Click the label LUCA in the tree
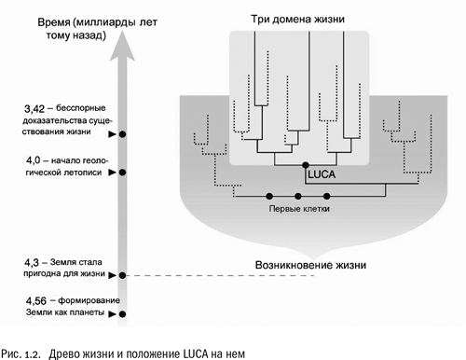(320, 173)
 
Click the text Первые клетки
(298, 210)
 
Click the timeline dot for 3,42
(122, 135)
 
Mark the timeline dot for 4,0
(122, 173)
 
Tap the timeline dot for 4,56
(122, 316)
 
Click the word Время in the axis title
(44, 20)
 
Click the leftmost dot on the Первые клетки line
(269, 196)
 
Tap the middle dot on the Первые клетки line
(298, 196)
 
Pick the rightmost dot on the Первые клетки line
(327, 196)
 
